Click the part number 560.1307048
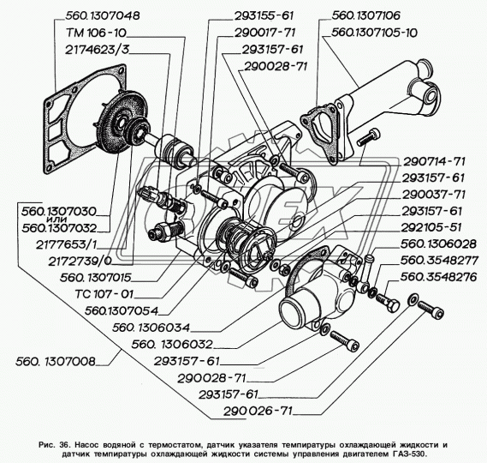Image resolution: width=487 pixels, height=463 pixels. point(103,15)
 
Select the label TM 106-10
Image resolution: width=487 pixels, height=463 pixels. point(96,33)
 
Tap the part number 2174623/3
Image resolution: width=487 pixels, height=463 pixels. point(97,50)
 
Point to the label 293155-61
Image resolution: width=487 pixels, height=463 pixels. point(264,15)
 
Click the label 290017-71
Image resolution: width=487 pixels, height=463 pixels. point(264,33)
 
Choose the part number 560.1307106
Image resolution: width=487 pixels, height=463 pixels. point(365,15)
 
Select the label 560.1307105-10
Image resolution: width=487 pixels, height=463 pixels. point(374,33)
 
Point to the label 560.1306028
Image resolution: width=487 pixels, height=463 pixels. point(438,244)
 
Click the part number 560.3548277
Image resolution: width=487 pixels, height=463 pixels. point(439,261)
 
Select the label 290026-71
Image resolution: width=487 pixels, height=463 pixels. point(258,411)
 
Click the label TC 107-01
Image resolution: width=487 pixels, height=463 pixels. point(104,294)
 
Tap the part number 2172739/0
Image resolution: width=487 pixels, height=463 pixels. point(80,262)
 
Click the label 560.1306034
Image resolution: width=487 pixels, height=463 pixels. point(151,328)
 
